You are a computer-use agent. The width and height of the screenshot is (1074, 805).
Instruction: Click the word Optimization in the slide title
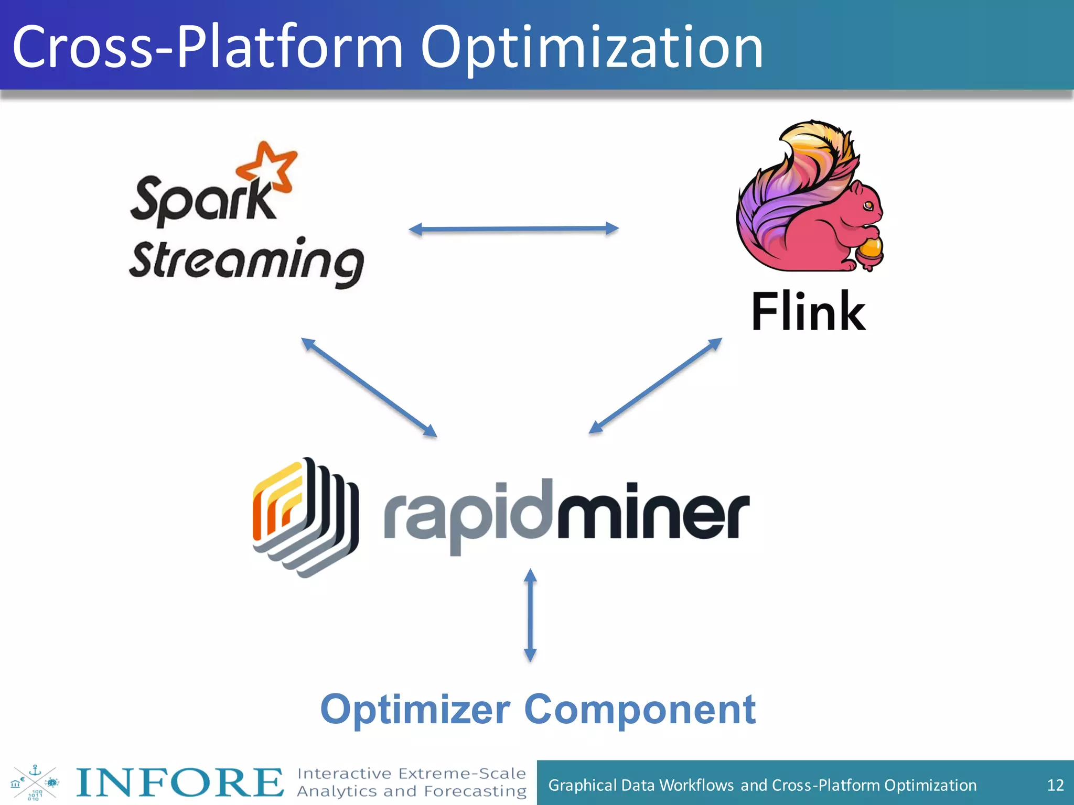(x=592, y=48)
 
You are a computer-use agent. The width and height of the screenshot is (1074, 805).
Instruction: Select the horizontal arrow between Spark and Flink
(x=513, y=229)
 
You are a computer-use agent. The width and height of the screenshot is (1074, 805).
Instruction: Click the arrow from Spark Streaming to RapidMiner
(x=369, y=387)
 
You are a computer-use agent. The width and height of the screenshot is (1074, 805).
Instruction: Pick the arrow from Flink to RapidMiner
(x=656, y=386)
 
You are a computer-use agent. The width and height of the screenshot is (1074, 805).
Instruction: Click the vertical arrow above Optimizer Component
(x=530, y=615)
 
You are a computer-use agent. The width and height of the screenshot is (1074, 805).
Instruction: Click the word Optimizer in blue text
(x=415, y=710)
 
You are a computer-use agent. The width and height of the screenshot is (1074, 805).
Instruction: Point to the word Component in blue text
(x=640, y=710)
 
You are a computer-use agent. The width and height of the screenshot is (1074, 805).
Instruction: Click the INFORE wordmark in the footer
(x=179, y=782)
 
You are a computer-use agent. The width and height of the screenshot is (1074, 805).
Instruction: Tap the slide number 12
(x=1055, y=785)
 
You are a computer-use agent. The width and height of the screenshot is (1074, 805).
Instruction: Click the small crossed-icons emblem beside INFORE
(x=35, y=782)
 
